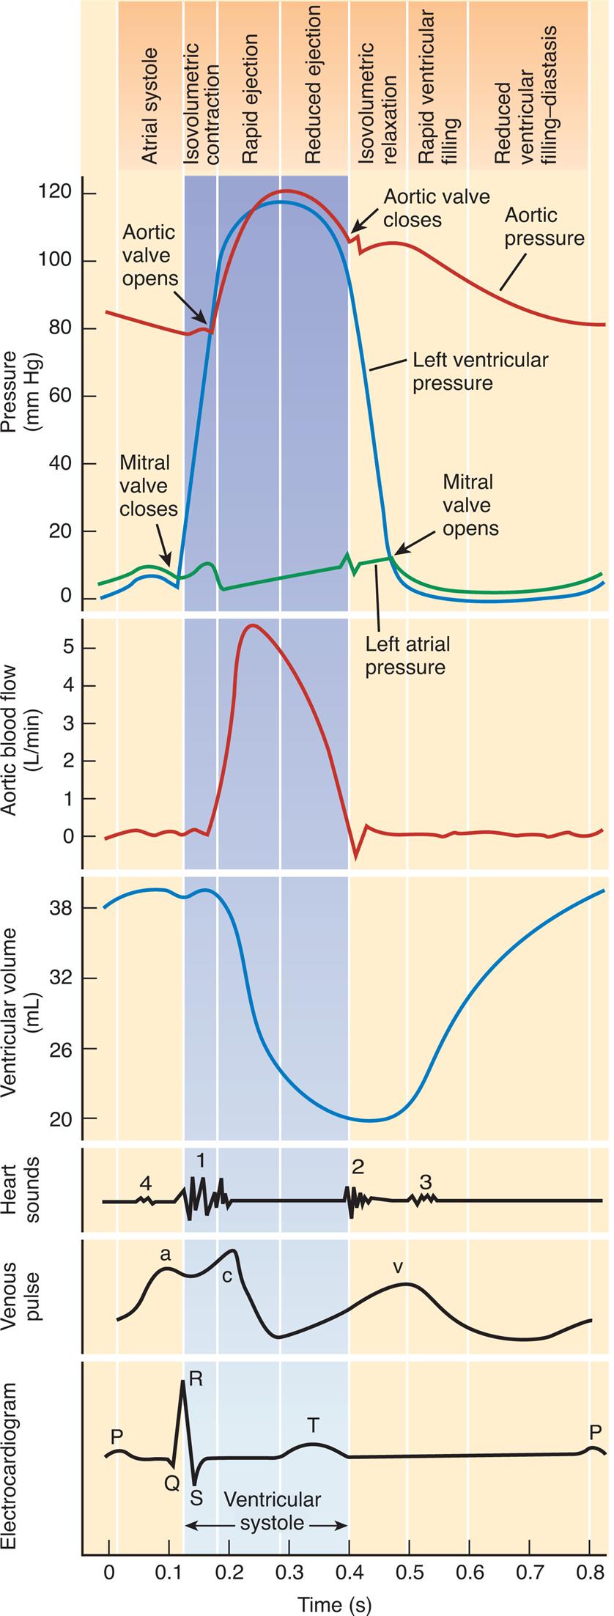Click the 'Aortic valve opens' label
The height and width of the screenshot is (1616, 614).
[x=150, y=255]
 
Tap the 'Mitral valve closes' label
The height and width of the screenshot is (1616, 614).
[x=148, y=485]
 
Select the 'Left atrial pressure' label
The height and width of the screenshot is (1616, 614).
[x=407, y=655]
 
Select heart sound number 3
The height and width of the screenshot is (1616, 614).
[x=426, y=1181]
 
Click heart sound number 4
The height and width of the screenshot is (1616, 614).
[x=146, y=1183]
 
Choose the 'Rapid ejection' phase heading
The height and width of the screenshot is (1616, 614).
[x=251, y=99]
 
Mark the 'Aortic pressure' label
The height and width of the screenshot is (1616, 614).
[x=544, y=226]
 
